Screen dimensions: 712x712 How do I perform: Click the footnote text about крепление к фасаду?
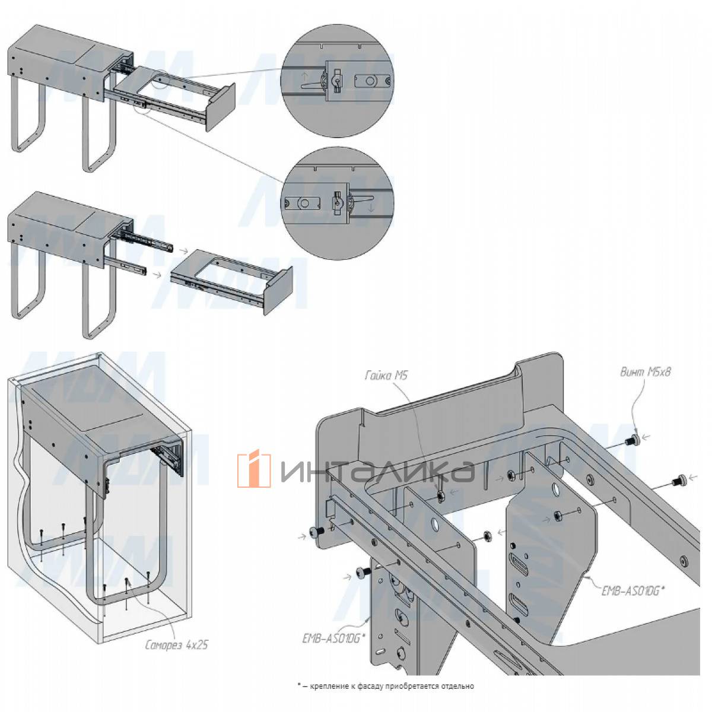pos(386,676)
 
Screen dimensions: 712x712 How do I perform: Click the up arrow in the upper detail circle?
pos(304,77)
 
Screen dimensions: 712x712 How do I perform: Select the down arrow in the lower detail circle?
pos(371,208)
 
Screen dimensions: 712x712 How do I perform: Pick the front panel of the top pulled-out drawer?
pos(221,107)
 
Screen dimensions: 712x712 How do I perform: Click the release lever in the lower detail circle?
pos(362,200)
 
